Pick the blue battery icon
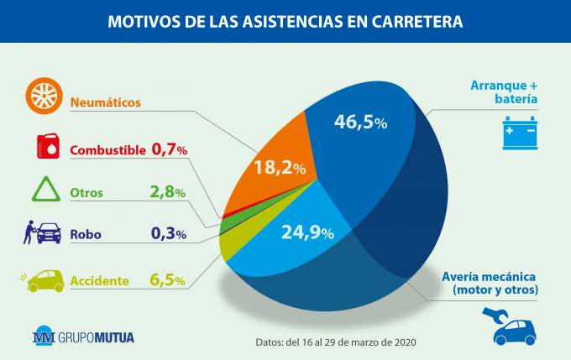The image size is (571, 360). [519, 133]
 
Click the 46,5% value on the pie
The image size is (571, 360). [360, 122]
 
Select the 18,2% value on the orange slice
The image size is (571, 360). [279, 167]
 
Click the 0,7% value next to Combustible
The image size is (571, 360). [169, 149]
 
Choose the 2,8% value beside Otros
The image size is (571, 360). [167, 192]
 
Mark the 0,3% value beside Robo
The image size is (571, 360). [168, 234]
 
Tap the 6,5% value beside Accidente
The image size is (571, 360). [167, 279]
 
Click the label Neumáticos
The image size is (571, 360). [105, 102]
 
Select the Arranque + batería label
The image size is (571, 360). [502, 91]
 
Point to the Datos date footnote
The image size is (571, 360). [336, 342]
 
